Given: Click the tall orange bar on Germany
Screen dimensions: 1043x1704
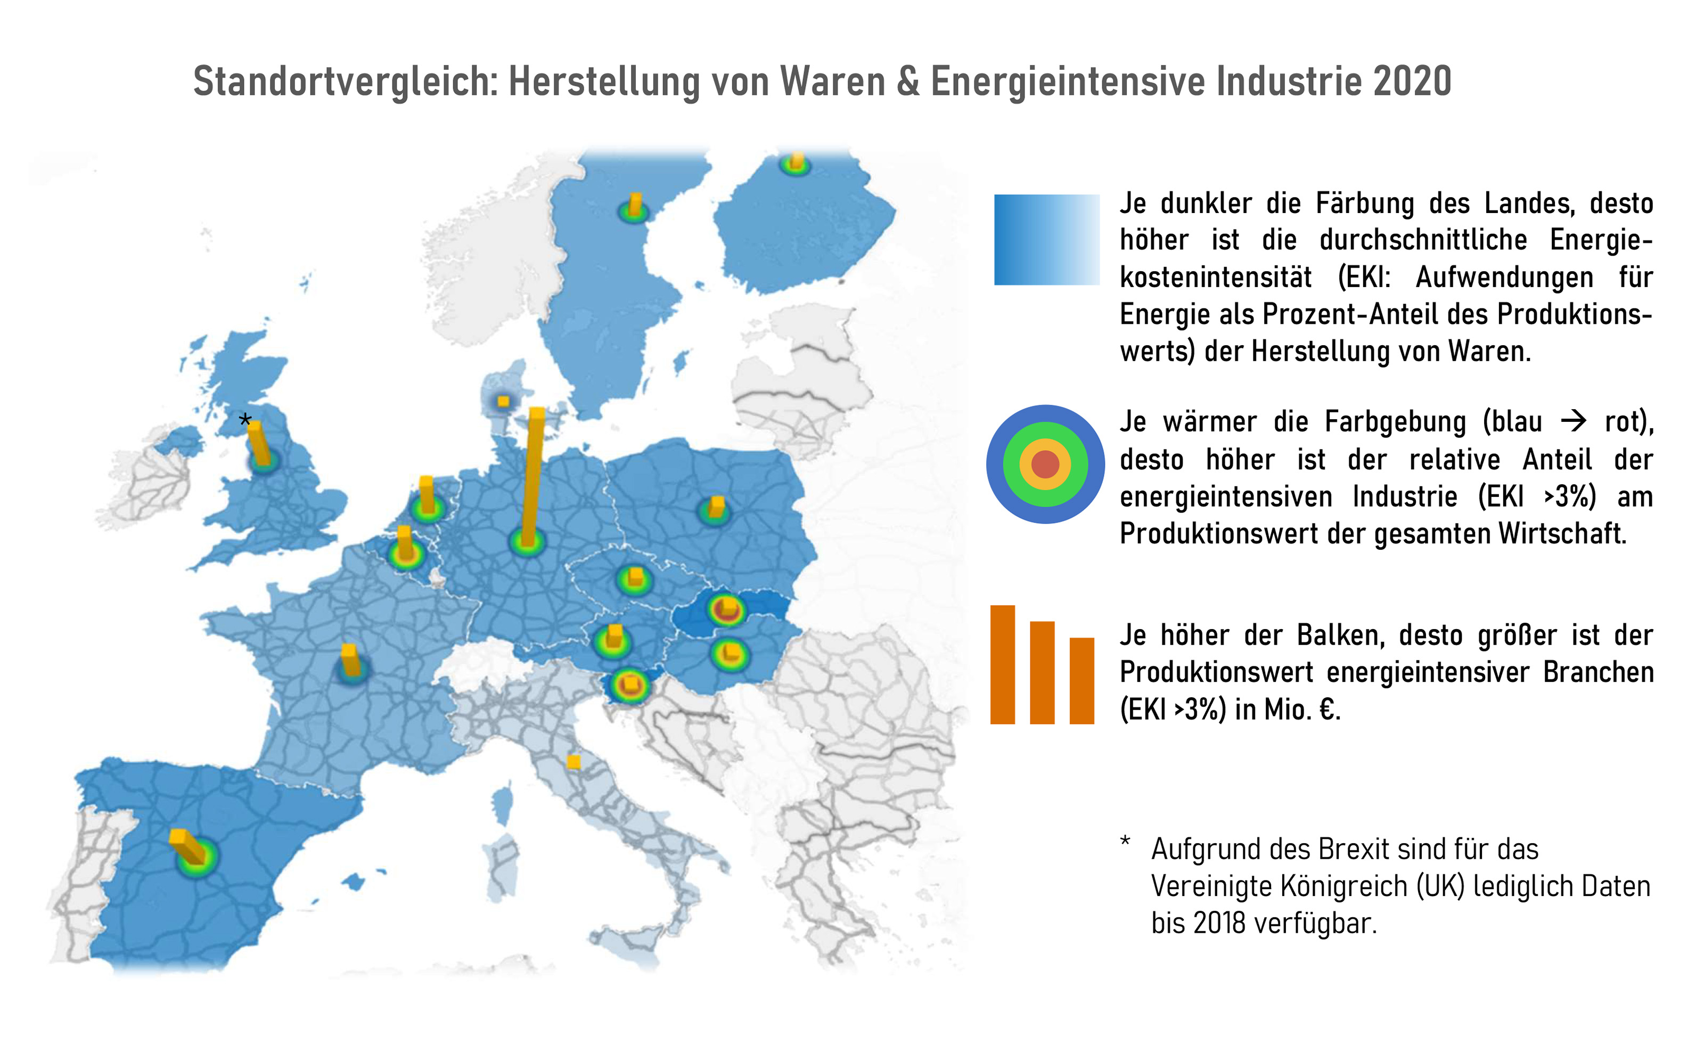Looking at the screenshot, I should [x=532, y=477].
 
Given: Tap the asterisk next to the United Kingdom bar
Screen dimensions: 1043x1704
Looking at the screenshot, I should [x=245, y=420].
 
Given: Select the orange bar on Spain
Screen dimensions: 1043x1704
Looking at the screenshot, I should [x=188, y=845].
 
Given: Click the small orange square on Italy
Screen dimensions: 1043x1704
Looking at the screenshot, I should [x=574, y=762].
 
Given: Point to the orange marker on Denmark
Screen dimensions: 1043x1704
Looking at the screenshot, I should [x=503, y=402].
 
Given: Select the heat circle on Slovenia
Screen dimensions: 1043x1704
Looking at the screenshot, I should [x=629, y=686].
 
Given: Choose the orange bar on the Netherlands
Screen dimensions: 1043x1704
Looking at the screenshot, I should [x=427, y=494].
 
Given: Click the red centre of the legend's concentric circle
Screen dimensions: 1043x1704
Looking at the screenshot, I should [x=1045, y=464].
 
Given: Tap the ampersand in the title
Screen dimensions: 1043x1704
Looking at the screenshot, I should [x=908, y=81].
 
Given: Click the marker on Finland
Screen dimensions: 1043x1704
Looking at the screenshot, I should [x=796, y=163].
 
